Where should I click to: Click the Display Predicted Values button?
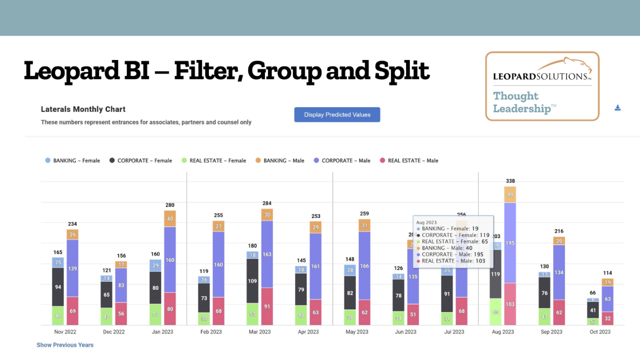[337, 114]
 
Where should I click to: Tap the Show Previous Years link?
[65, 345]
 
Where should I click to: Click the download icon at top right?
[617, 108]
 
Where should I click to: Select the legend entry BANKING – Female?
[72, 160]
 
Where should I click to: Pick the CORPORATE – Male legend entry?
[342, 160]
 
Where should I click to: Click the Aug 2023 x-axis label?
[502, 332]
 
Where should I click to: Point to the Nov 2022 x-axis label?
[65, 332]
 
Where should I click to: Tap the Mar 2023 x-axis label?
[259, 332]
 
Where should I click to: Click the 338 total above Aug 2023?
[510, 181]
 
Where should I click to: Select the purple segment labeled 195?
[510, 243]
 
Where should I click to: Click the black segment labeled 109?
[252, 281]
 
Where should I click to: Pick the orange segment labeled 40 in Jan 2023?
[170, 218]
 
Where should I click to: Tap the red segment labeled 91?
[267, 306]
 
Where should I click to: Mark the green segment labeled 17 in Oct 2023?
[593, 321]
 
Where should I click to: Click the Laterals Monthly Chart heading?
[83, 109]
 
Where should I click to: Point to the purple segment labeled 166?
[364, 266]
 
